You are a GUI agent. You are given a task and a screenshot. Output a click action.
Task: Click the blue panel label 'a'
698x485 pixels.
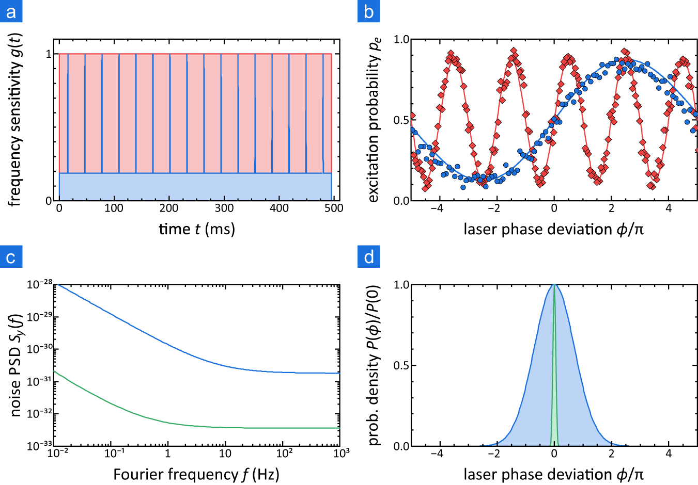[11, 11]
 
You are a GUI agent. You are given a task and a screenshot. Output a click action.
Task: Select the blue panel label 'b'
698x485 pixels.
[368, 11]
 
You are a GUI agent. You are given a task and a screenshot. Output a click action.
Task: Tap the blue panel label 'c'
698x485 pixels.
[11, 256]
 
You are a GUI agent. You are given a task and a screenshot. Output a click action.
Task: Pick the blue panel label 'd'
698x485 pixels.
[368, 256]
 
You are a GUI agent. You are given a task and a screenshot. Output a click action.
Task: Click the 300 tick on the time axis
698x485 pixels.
[224, 208]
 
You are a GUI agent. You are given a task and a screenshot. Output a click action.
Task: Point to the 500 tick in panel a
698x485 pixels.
[334, 208]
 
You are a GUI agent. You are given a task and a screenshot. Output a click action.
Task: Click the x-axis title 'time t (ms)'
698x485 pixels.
[196, 229]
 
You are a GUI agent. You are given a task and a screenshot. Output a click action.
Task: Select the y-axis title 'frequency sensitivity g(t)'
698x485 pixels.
[15, 120]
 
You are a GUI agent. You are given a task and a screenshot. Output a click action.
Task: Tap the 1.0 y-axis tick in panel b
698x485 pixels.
[401, 40]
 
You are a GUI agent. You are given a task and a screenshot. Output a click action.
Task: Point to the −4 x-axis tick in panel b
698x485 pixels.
[437, 208]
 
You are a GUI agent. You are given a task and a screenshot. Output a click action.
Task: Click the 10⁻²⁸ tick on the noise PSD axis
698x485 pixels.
[39, 284]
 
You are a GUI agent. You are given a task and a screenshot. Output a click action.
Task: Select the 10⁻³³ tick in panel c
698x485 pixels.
[39, 445]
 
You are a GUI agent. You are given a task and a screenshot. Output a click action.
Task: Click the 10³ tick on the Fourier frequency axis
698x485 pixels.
[341, 453]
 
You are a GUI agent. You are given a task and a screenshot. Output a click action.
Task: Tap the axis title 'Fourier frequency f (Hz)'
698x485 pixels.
[196, 474]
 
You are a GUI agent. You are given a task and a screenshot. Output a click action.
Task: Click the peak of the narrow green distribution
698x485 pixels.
[554, 286]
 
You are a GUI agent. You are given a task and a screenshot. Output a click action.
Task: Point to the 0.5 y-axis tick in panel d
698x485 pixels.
[401, 365]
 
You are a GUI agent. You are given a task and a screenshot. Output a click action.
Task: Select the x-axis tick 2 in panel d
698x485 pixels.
[611, 454]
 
